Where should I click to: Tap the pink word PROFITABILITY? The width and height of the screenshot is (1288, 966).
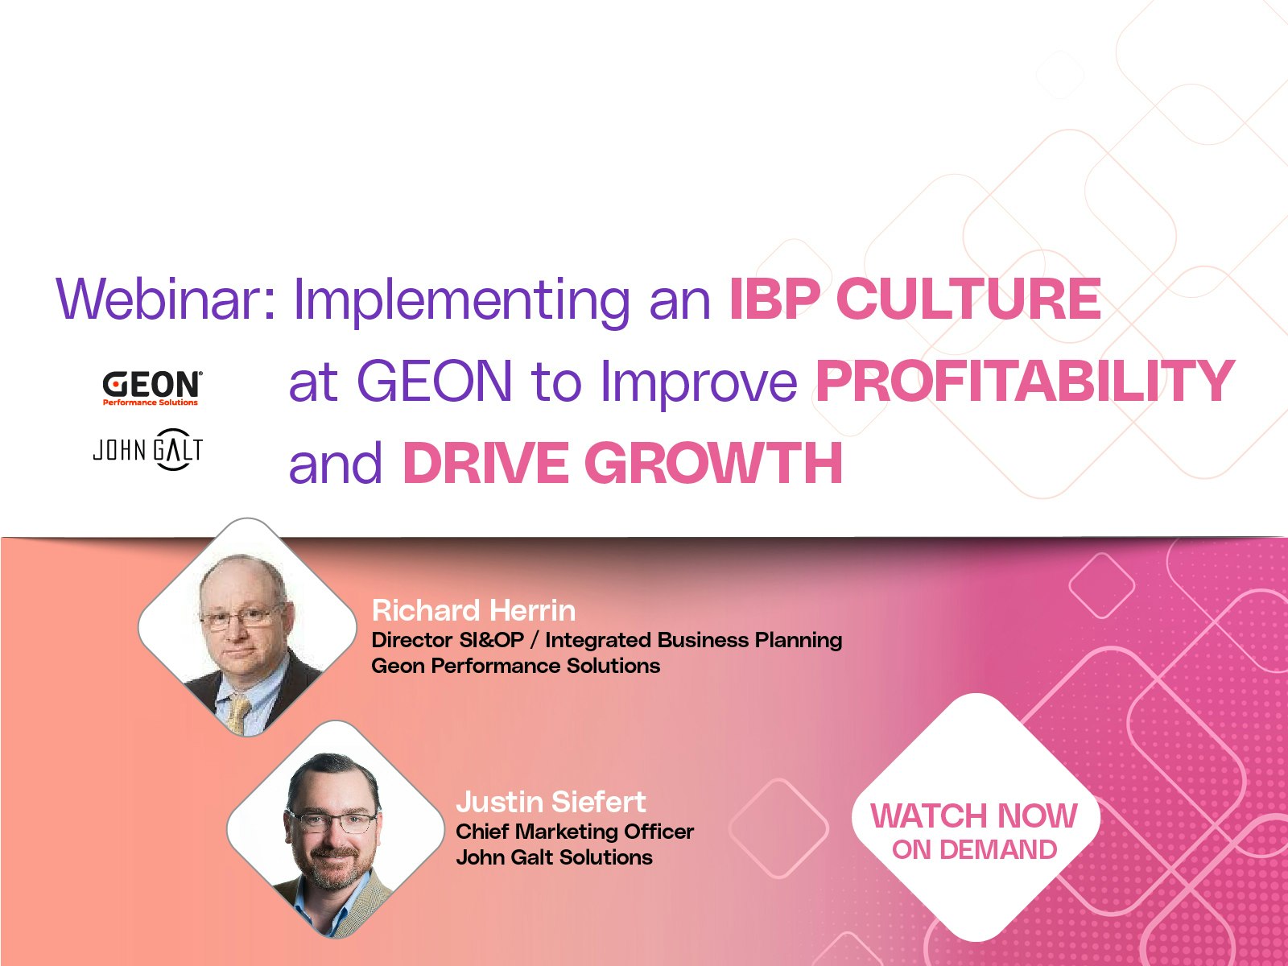tap(1025, 382)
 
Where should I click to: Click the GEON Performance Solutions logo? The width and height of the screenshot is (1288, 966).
tap(152, 388)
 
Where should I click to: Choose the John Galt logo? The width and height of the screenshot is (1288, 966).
tap(148, 449)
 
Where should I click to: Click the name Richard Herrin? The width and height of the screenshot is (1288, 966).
tap(473, 610)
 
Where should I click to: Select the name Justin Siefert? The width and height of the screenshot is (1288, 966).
tap(551, 802)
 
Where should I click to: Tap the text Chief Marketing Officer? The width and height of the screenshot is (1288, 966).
tap(575, 831)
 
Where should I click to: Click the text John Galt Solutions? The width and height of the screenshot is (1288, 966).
tap(554, 857)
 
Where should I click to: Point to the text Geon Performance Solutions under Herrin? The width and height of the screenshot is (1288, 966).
tap(516, 666)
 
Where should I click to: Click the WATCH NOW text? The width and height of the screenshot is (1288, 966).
tap(974, 815)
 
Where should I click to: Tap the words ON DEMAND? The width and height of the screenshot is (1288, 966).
tap(975, 849)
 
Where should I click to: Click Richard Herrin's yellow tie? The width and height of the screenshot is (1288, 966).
tap(239, 713)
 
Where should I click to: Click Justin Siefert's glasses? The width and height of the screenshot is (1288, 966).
tap(332, 822)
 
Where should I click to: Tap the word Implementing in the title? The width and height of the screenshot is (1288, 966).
tap(461, 302)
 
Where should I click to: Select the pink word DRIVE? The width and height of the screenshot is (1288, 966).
tap(486, 464)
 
